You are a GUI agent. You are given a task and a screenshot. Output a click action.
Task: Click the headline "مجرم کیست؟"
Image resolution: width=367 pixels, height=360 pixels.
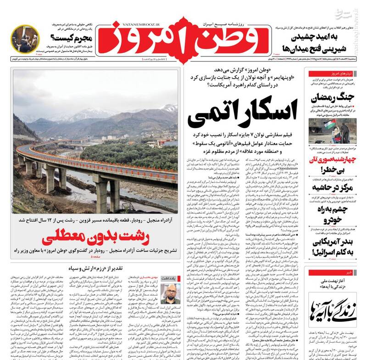[69, 38]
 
